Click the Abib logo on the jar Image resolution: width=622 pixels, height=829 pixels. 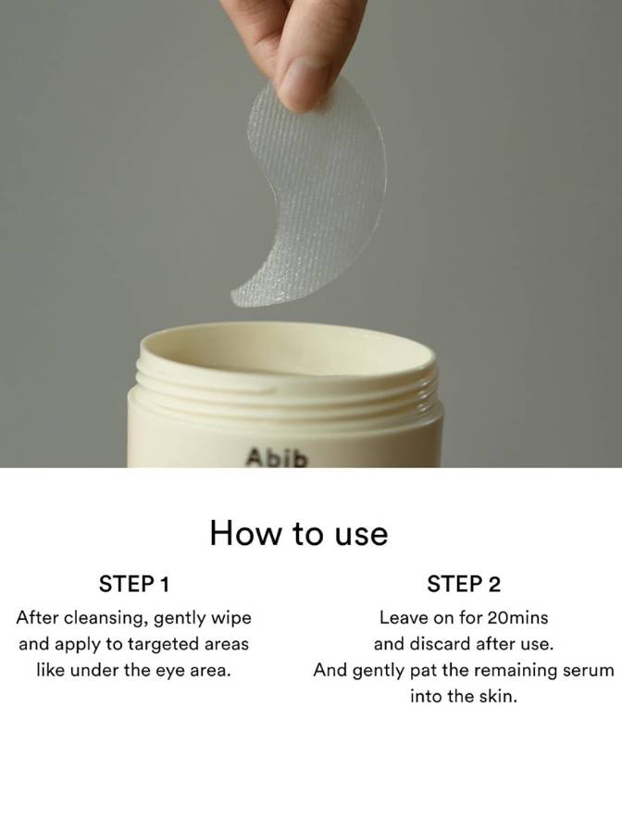(x=276, y=458)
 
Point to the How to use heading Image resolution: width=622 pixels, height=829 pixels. (x=299, y=533)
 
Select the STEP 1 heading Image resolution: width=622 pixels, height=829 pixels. (x=134, y=584)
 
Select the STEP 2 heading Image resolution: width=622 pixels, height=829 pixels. (x=464, y=584)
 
